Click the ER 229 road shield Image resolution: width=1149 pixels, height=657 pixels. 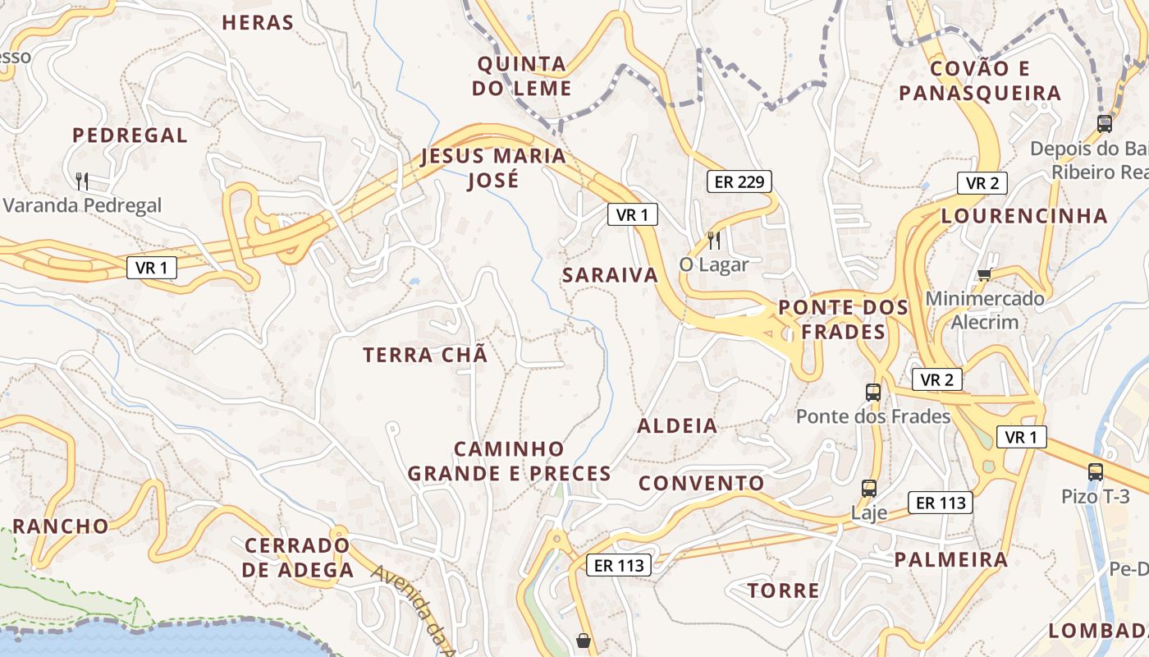point(739,181)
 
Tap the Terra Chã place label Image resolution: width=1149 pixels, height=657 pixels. point(425,355)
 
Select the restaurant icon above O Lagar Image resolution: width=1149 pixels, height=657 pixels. point(714,240)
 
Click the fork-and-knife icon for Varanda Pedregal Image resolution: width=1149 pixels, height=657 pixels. point(81,181)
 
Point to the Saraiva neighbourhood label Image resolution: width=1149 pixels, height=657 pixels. point(611,275)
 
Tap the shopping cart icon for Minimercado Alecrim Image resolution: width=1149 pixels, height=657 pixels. point(984,273)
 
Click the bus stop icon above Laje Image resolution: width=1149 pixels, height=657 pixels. point(869,489)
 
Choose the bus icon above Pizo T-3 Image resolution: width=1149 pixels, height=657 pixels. point(1096,472)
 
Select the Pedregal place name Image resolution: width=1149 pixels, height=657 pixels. point(130,136)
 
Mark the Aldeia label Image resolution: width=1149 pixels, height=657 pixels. point(677,425)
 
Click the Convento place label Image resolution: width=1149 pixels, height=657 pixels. point(702,483)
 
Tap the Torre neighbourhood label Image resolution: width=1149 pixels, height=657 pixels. point(783,590)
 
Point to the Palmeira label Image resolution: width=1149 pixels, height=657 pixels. point(950,560)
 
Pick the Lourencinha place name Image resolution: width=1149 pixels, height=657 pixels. point(1024,216)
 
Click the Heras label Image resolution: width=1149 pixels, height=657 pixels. point(258,23)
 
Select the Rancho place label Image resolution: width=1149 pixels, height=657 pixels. point(61,526)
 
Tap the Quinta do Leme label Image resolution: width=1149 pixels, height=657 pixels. point(522,76)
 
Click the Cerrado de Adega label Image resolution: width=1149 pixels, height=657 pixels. point(298,558)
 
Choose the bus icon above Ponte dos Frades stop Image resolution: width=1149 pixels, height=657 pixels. point(873,393)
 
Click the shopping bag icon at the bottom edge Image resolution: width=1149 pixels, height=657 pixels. point(584,641)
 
